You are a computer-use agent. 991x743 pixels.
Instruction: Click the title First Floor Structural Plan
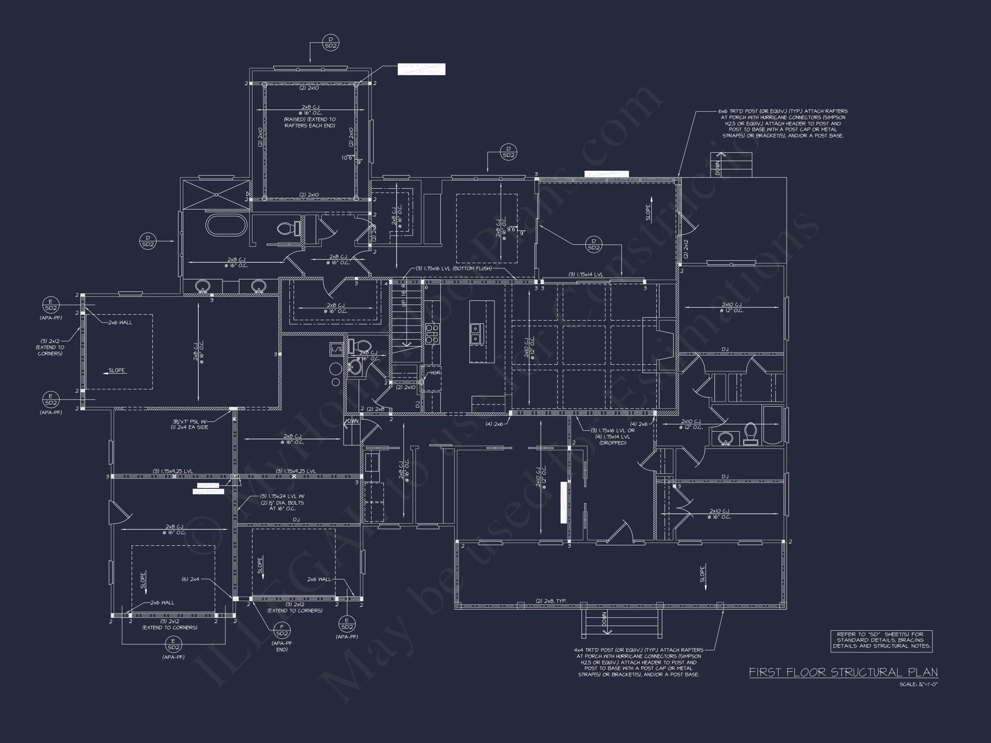click(843, 672)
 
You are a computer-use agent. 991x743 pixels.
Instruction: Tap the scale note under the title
click(918, 685)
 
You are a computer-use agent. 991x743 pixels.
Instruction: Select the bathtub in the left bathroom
click(226, 225)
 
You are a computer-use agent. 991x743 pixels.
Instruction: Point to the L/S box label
click(336, 349)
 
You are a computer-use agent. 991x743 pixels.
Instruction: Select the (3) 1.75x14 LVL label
click(585, 274)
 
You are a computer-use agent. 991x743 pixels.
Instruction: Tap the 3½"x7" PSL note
click(191, 424)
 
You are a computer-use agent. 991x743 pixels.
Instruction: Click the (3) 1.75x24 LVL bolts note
click(282, 502)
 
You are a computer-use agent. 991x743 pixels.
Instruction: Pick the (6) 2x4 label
click(191, 579)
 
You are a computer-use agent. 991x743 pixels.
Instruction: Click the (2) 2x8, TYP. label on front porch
click(551, 601)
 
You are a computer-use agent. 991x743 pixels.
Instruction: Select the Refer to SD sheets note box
click(881, 640)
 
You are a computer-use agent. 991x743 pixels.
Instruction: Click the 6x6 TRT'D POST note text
click(783, 123)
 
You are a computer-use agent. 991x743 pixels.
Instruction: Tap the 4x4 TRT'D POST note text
click(638, 662)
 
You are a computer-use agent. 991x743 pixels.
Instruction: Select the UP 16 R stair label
click(403, 295)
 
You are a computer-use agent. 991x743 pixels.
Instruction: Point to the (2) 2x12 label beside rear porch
click(686, 249)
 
